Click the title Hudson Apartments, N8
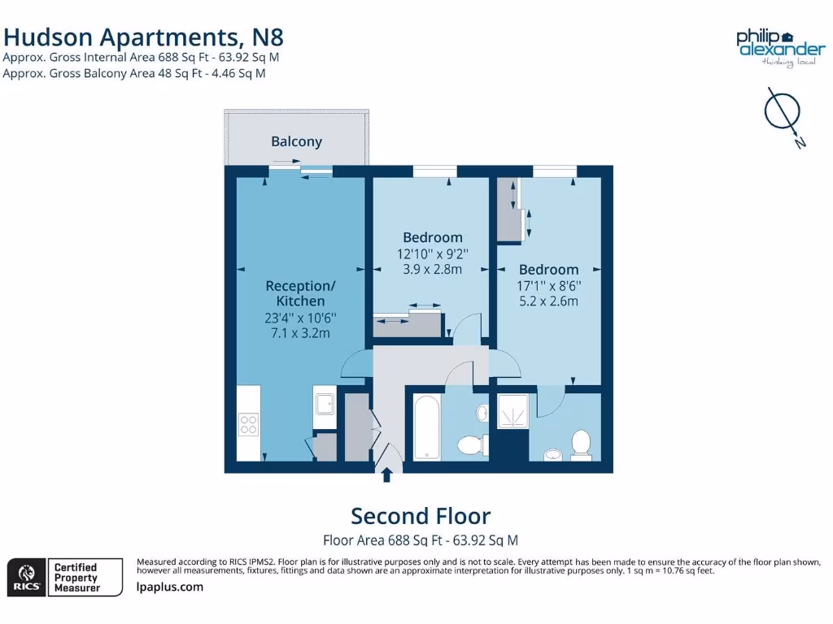pos(144,37)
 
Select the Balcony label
pos(296,141)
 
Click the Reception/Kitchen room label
pos(300,293)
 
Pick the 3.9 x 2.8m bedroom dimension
pos(432,269)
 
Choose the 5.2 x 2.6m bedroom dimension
pos(548,301)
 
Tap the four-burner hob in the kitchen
pos(247,425)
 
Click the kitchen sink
pos(324,404)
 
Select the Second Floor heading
pos(421,516)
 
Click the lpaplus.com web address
pos(170,587)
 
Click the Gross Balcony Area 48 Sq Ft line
pos(134,73)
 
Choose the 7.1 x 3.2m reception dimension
pos(300,333)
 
